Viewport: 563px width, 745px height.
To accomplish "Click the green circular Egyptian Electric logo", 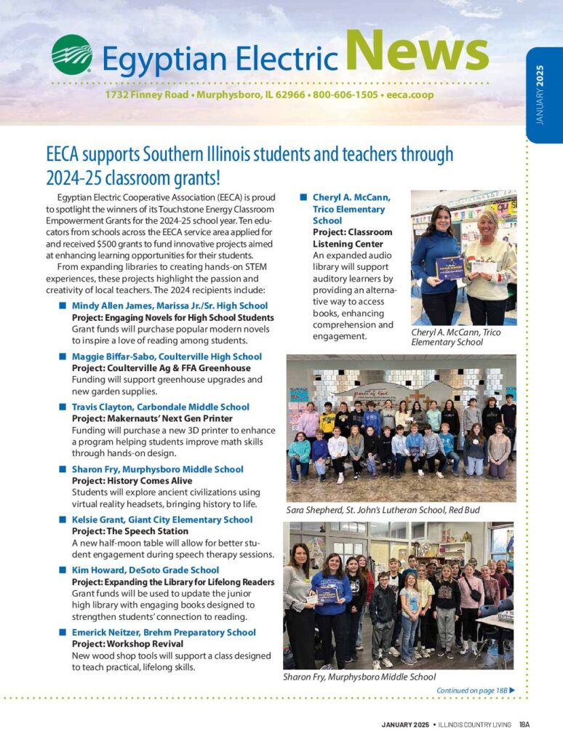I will point(72,55).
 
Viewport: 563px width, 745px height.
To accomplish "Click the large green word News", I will point(416,53).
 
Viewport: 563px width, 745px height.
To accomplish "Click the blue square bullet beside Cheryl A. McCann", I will point(303,197).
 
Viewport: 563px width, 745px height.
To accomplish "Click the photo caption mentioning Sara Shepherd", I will point(383,510).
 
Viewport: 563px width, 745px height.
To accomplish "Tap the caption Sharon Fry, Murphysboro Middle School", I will point(359,677).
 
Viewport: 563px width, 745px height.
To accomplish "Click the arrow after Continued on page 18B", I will point(512,690).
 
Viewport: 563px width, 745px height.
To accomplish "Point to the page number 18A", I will point(524,725).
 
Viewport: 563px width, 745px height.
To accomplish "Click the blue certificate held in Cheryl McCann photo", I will point(450,267).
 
